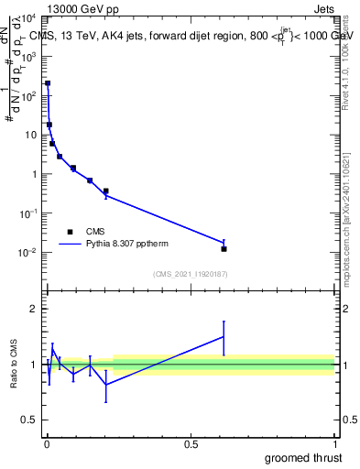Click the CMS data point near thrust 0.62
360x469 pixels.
tap(224, 248)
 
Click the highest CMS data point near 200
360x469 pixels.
tap(48, 83)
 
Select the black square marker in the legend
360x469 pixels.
tap(70, 232)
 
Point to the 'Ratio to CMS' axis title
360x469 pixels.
tap(14, 365)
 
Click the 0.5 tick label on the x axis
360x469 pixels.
tap(191, 444)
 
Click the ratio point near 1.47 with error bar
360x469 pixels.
tap(224, 337)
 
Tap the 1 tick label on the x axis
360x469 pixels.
tap(333, 444)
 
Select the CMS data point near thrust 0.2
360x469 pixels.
tap(105, 191)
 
